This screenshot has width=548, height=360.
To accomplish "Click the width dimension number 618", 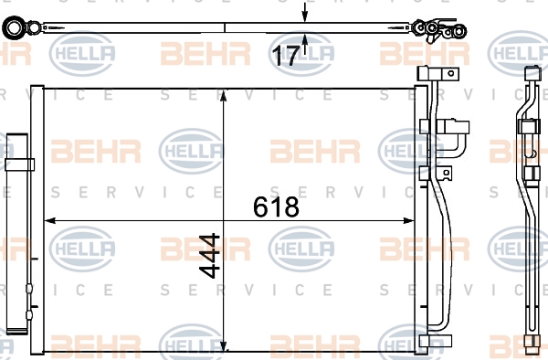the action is click(276, 206).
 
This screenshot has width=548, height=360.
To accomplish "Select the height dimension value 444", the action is click(209, 256).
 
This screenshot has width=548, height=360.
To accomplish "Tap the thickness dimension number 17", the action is click(286, 56).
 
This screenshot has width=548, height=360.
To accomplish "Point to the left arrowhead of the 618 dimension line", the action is click(50, 220).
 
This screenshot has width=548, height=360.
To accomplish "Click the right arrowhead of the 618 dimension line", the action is click(408, 220).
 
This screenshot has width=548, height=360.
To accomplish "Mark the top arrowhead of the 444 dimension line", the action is click(224, 95).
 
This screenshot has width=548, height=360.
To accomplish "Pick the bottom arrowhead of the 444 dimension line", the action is click(224, 346).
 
